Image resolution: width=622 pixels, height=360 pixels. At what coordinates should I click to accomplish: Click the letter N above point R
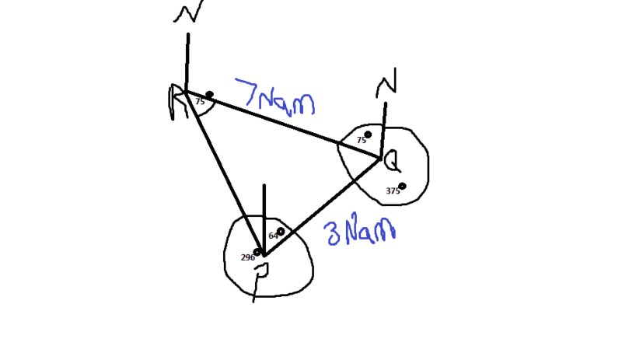(x=187, y=16)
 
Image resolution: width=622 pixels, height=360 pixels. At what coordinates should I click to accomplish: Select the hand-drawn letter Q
(x=393, y=162)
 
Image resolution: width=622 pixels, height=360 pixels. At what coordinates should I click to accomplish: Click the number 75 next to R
(x=200, y=101)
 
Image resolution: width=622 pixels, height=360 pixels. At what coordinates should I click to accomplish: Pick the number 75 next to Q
(x=361, y=140)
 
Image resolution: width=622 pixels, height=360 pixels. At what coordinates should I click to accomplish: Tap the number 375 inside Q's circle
(x=393, y=190)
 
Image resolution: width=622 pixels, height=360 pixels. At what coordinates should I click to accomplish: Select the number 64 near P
(x=273, y=236)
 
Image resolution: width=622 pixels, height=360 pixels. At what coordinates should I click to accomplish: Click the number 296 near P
(x=247, y=257)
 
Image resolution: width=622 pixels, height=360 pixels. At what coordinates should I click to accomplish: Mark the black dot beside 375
(x=403, y=186)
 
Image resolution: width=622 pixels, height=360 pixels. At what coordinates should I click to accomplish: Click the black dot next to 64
(x=281, y=231)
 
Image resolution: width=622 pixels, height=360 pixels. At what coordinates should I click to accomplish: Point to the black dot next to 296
(x=257, y=252)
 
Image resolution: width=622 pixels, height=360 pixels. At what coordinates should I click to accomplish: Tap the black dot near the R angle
(x=209, y=95)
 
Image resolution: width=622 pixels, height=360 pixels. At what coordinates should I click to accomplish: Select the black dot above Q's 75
(x=368, y=134)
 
